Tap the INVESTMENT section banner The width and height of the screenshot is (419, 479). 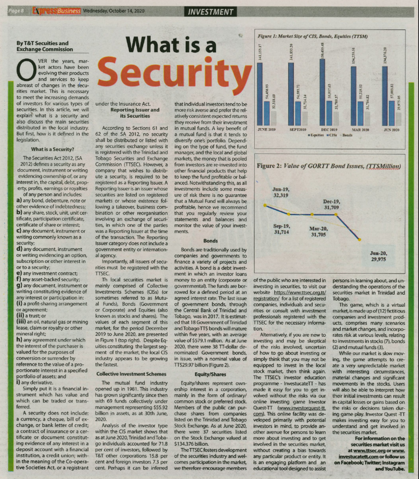(210, 12)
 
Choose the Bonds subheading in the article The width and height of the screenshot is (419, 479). (210, 240)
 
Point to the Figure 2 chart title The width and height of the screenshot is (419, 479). (328, 166)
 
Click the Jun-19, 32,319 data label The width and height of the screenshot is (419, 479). (282, 192)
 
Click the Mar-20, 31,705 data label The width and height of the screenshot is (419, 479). (319, 232)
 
